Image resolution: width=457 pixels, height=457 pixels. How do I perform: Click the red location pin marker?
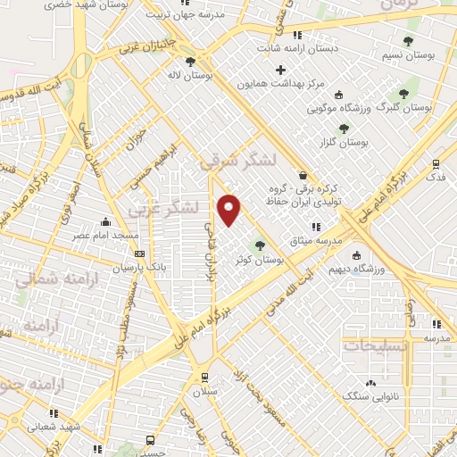pos(229,210)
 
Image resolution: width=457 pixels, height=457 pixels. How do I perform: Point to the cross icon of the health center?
pos(281,70)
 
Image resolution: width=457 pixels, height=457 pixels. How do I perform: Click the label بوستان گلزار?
pos(345,142)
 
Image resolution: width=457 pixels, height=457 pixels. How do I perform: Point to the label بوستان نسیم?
pos(408,55)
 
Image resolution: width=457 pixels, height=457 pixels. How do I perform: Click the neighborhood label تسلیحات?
pos(376,345)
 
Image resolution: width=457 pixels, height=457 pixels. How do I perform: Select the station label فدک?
pos(436,178)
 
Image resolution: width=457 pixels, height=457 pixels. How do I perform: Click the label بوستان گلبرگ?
pos(405,105)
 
